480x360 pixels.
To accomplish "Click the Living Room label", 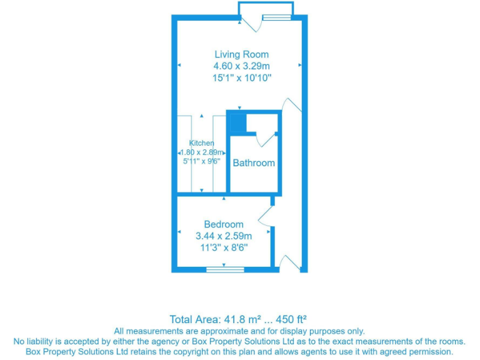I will coord(241,54).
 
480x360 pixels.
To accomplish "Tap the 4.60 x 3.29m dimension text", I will coord(241,66).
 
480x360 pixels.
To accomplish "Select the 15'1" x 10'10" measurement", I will coord(241,77).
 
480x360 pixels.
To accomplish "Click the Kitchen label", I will coord(201,143).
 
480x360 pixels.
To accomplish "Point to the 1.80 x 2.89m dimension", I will coord(201,152).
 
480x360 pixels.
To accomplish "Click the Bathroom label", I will coord(254,163).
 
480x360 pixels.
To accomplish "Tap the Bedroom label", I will coord(224,224).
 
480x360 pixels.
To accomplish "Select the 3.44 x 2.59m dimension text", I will coord(224,236).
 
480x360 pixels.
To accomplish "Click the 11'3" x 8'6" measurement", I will coord(224,247).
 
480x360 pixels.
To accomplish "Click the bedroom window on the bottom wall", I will coord(225,269).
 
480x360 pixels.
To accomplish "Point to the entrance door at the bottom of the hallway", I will coord(290,262).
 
